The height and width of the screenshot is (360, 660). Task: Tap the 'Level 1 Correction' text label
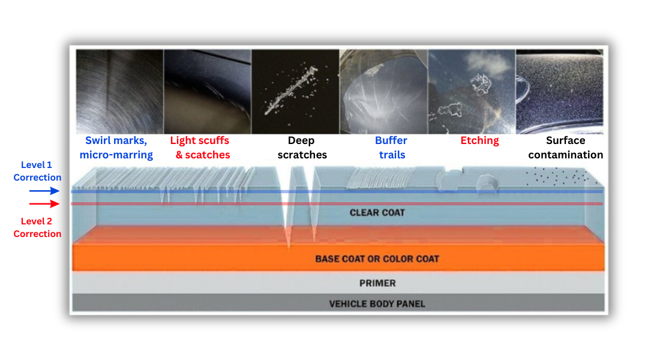click(37, 171)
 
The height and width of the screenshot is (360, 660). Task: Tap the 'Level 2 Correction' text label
click(37, 227)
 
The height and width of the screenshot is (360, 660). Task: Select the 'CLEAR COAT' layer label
click(377, 212)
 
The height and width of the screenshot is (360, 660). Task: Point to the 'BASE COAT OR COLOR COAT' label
click(377, 259)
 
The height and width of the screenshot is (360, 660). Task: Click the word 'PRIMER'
click(377, 283)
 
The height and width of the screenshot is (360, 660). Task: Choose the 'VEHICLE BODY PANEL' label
click(377, 304)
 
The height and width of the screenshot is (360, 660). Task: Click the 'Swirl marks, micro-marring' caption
click(119, 148)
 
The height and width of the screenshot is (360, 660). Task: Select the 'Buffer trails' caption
click(391, 148)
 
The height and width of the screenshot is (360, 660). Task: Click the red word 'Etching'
click(479, 140)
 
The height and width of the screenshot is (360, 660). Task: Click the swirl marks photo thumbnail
click(119, 91)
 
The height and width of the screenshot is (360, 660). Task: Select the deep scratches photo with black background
click(295, 91)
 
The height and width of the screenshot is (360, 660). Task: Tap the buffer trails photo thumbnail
click(383, 91)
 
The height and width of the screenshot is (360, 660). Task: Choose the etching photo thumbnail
click(471, 91)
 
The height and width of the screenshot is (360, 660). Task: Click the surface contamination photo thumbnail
click(559, 91)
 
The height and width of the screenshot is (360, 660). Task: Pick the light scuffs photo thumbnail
click(207, 91)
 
